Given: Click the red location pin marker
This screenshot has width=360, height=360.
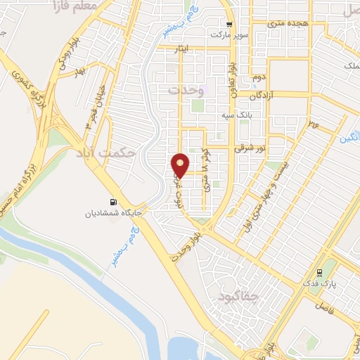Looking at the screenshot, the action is coord(180,166).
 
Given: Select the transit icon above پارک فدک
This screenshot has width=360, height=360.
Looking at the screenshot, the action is coord(321,273).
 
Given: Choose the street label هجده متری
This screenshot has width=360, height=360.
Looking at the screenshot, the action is coord(289,23).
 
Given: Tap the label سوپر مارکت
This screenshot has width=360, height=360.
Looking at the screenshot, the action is coord(233,33).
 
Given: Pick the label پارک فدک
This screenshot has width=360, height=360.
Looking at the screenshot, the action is coord(324,285).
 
